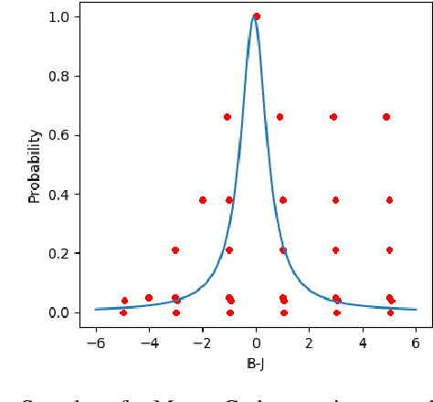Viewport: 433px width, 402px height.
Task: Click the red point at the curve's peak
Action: point(256,16)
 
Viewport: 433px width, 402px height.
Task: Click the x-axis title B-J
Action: point(256,363)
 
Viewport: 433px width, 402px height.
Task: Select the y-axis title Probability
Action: point(35,165)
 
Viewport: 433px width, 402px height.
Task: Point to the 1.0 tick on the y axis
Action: point(59,16)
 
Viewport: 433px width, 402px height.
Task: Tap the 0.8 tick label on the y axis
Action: point(59,76)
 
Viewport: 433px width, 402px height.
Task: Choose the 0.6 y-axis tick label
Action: point(59,135)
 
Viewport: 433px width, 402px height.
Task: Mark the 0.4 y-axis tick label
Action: point(59,195)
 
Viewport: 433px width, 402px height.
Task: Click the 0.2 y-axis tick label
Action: point(59,253)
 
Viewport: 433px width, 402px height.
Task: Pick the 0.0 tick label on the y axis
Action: point(59,312)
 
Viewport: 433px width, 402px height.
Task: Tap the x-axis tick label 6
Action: point(416,343)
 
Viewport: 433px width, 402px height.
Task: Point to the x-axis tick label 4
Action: point(363,343)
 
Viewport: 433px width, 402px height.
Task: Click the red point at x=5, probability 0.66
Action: point(386,117)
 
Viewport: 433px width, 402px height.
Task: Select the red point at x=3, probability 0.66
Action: point(333,117)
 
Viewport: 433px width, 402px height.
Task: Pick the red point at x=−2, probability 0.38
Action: point(203,200)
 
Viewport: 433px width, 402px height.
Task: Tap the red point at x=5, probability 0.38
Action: point(389,200)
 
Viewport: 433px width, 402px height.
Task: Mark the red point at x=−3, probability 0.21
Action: point(175,250)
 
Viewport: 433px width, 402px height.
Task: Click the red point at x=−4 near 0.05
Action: point(149,298)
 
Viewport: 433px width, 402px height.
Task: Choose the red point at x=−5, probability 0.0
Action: point(123,312)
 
